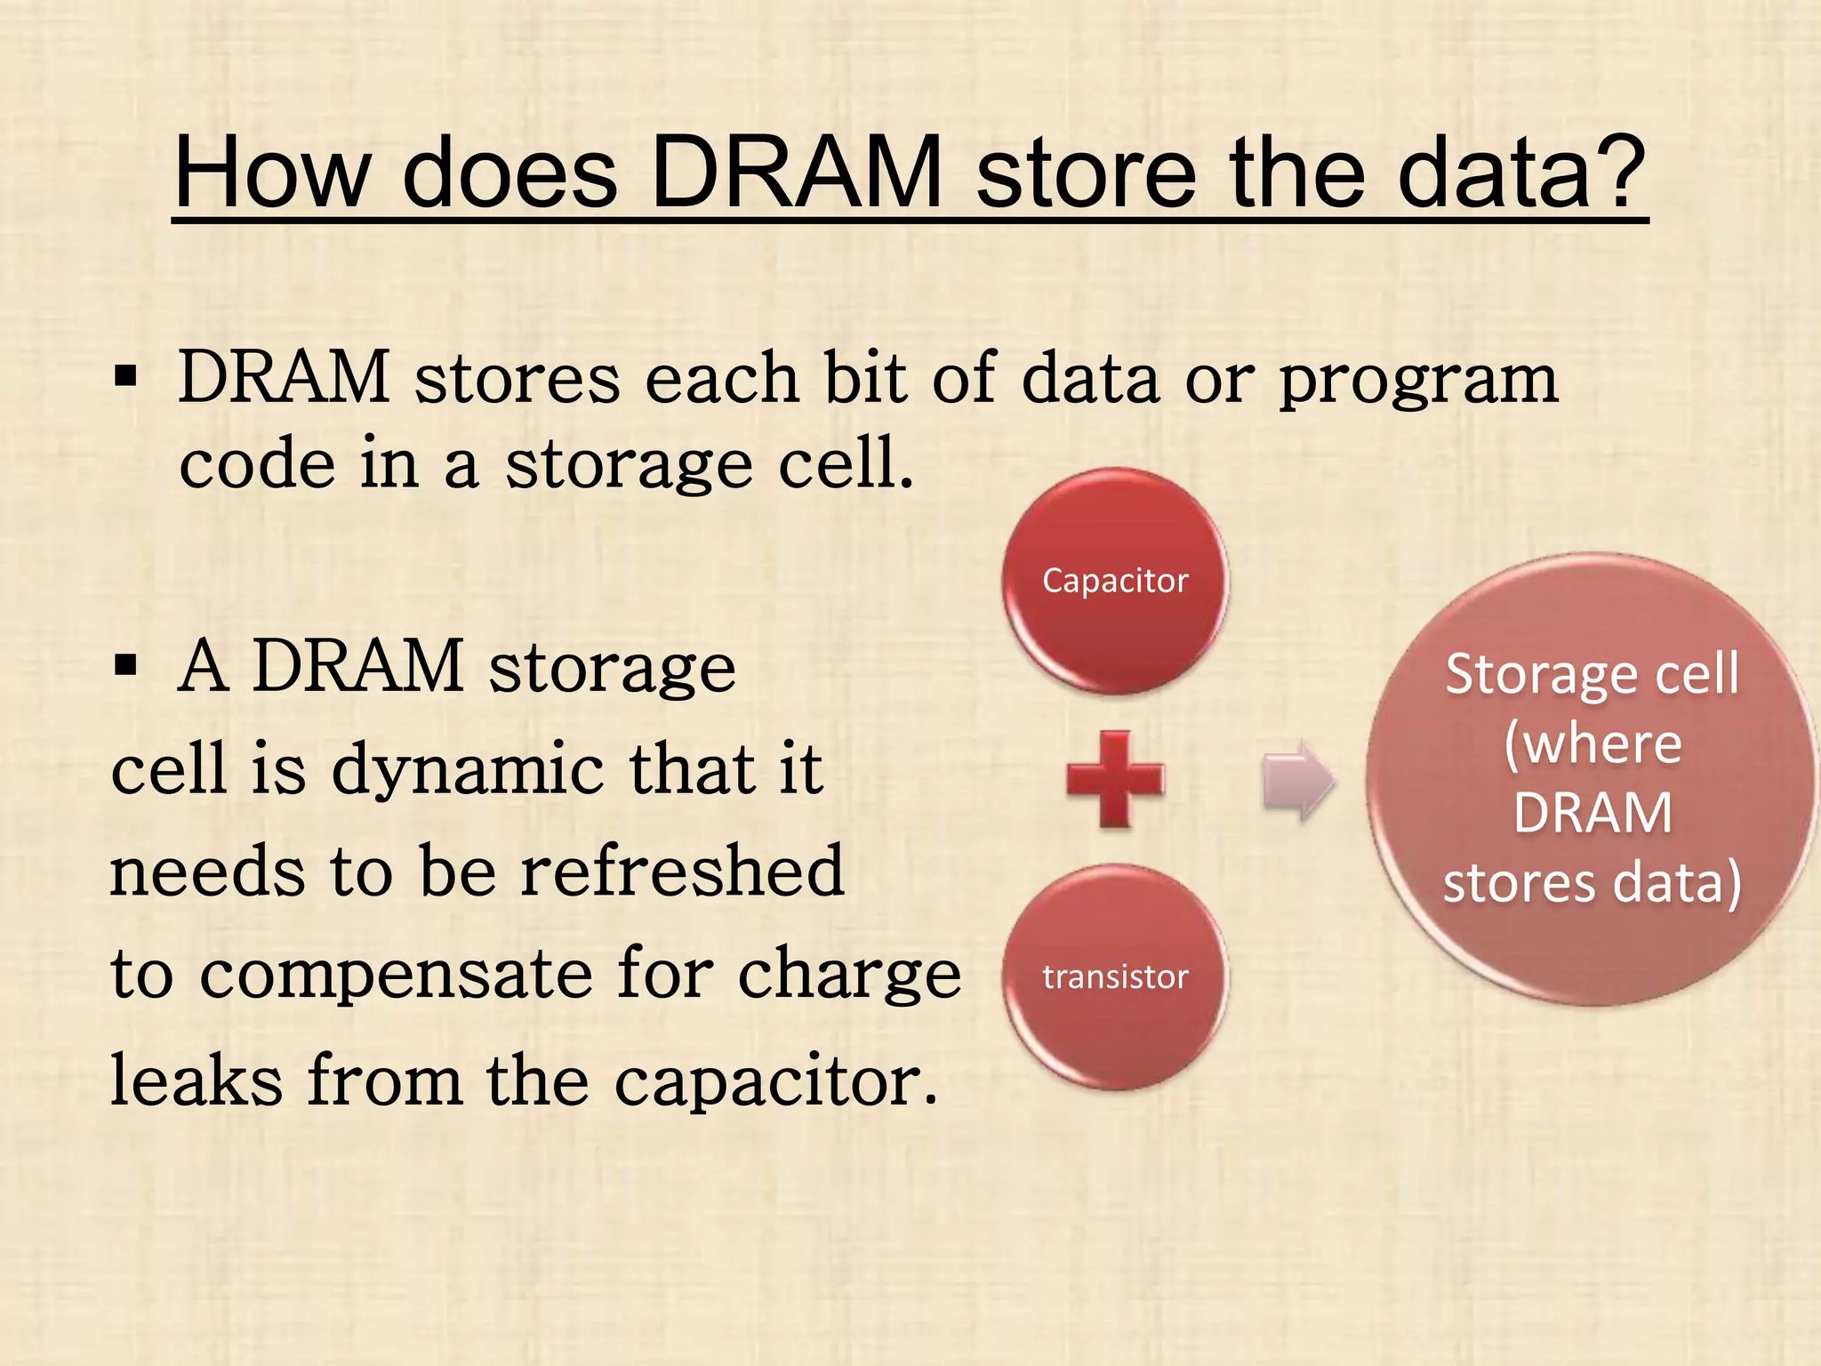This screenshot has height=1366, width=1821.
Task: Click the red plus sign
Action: coord(1115,780)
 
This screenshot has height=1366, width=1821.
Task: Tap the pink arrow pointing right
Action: coord(1298,780)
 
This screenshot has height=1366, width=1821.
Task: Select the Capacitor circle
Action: coord(1115,581)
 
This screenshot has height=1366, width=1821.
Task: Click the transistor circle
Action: coord(1115,976)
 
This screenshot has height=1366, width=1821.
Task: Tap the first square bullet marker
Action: coord(125,377)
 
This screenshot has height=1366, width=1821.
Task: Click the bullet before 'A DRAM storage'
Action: coord(125,665)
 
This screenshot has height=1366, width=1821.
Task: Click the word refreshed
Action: coord(682,872)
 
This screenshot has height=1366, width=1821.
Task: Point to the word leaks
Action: coord(196,1081)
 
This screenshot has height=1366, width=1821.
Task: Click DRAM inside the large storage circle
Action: coord(1592,813)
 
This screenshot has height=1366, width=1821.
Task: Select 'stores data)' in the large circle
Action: coord(1592,882)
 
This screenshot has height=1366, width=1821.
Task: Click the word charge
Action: coord(849,976)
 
